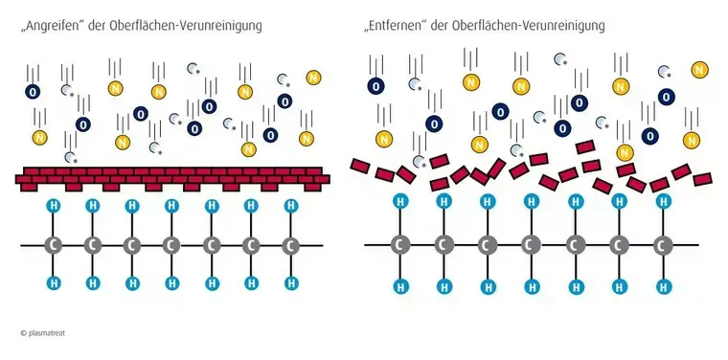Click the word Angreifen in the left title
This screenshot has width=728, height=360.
[57, 24]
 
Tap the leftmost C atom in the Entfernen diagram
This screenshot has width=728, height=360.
[399, 246]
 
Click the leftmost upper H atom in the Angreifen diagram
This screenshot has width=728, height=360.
[53, 206]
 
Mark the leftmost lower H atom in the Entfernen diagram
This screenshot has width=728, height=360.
[399, 286]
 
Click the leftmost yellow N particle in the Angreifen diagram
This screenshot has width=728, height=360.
[39, 138]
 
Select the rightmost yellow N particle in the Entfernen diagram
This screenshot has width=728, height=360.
[700, 69]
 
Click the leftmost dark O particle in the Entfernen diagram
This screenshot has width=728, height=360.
[376, 86]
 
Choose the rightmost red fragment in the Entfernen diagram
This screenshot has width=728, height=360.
[703, 178]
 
